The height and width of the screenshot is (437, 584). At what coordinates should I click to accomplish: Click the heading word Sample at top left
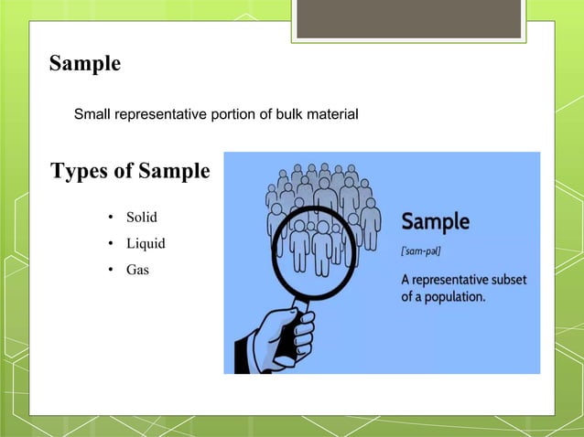[x=84, y=64]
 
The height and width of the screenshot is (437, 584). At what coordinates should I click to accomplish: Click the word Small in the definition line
[x=92, y=115]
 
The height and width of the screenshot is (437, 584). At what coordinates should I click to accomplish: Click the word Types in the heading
[x=80, y=171]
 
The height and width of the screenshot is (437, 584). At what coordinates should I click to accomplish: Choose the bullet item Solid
[x=141, y=218]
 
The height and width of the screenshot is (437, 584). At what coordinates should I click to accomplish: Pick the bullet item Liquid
[x=146, y=244]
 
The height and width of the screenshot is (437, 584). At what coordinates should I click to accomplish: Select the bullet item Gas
[x=137, y=271]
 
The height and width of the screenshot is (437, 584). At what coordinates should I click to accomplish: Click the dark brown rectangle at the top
[x=411, y=18]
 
